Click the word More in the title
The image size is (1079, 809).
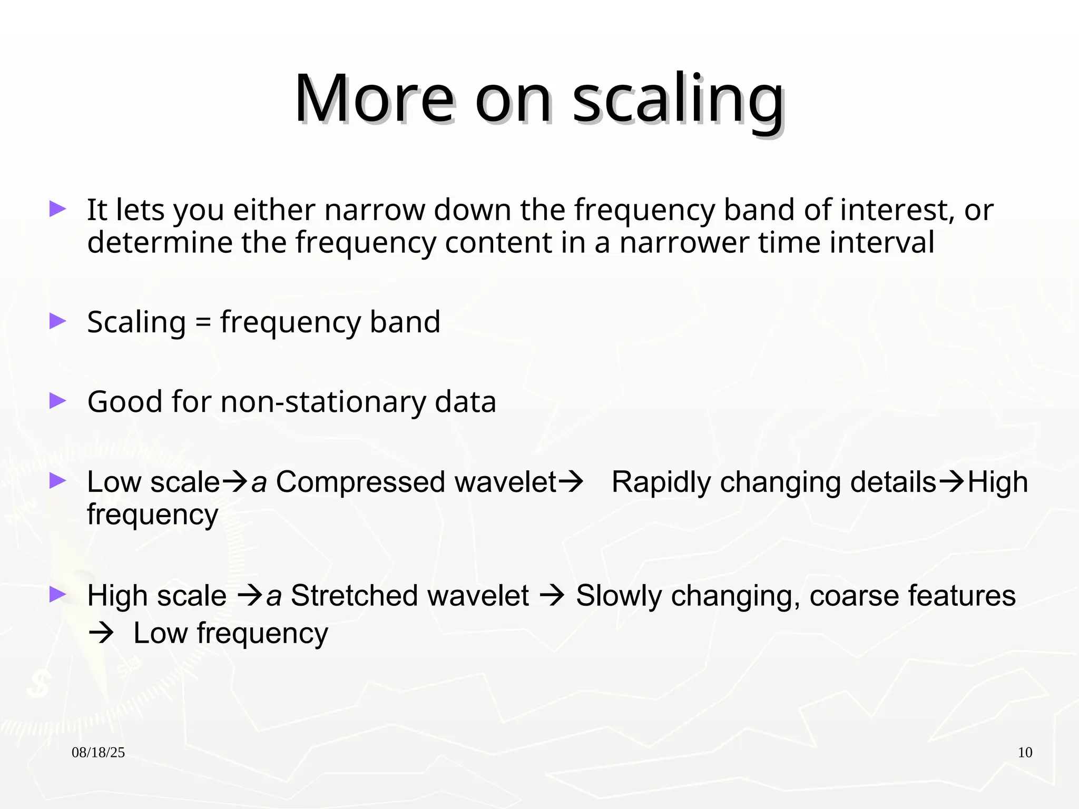(374, 100)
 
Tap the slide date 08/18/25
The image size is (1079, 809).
(98, 753)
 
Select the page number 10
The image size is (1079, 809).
(1025, 753)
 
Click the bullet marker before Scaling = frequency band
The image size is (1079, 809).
(57, 321)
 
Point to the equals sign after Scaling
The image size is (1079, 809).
(203, 323)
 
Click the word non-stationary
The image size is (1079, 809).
(322, 402)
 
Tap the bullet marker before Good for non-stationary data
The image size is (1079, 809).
(57, 401)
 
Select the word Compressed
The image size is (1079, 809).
(360, 482)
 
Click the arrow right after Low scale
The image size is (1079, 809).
(235, 481)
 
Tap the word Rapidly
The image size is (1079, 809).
(661, 482)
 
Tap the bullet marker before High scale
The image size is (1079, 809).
(57, 595)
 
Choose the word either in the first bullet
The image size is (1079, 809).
(274, 210)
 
